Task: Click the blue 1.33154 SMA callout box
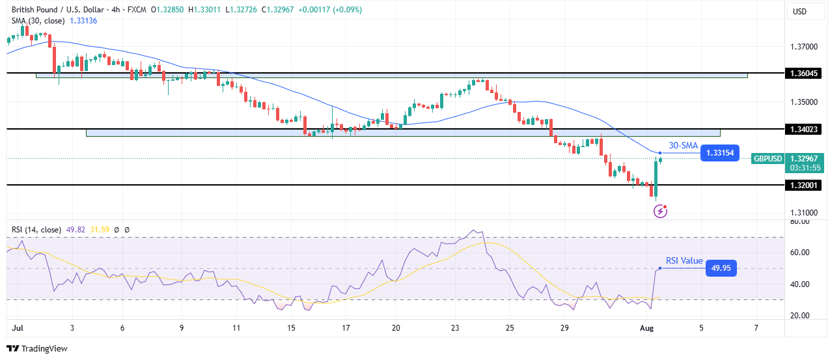tap(720, 154)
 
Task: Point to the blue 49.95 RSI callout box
tap(721, 268)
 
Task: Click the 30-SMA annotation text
tap(683, 146)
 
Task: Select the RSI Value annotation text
tap(684, 260)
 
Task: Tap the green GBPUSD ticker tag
tap(766, 158)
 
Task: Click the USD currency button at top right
tap(799, 11)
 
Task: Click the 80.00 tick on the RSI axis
tap(800, 221)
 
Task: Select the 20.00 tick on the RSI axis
tap(800, 316)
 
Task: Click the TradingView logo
tap(37, 348)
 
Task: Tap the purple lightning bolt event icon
tap(661, 210)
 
